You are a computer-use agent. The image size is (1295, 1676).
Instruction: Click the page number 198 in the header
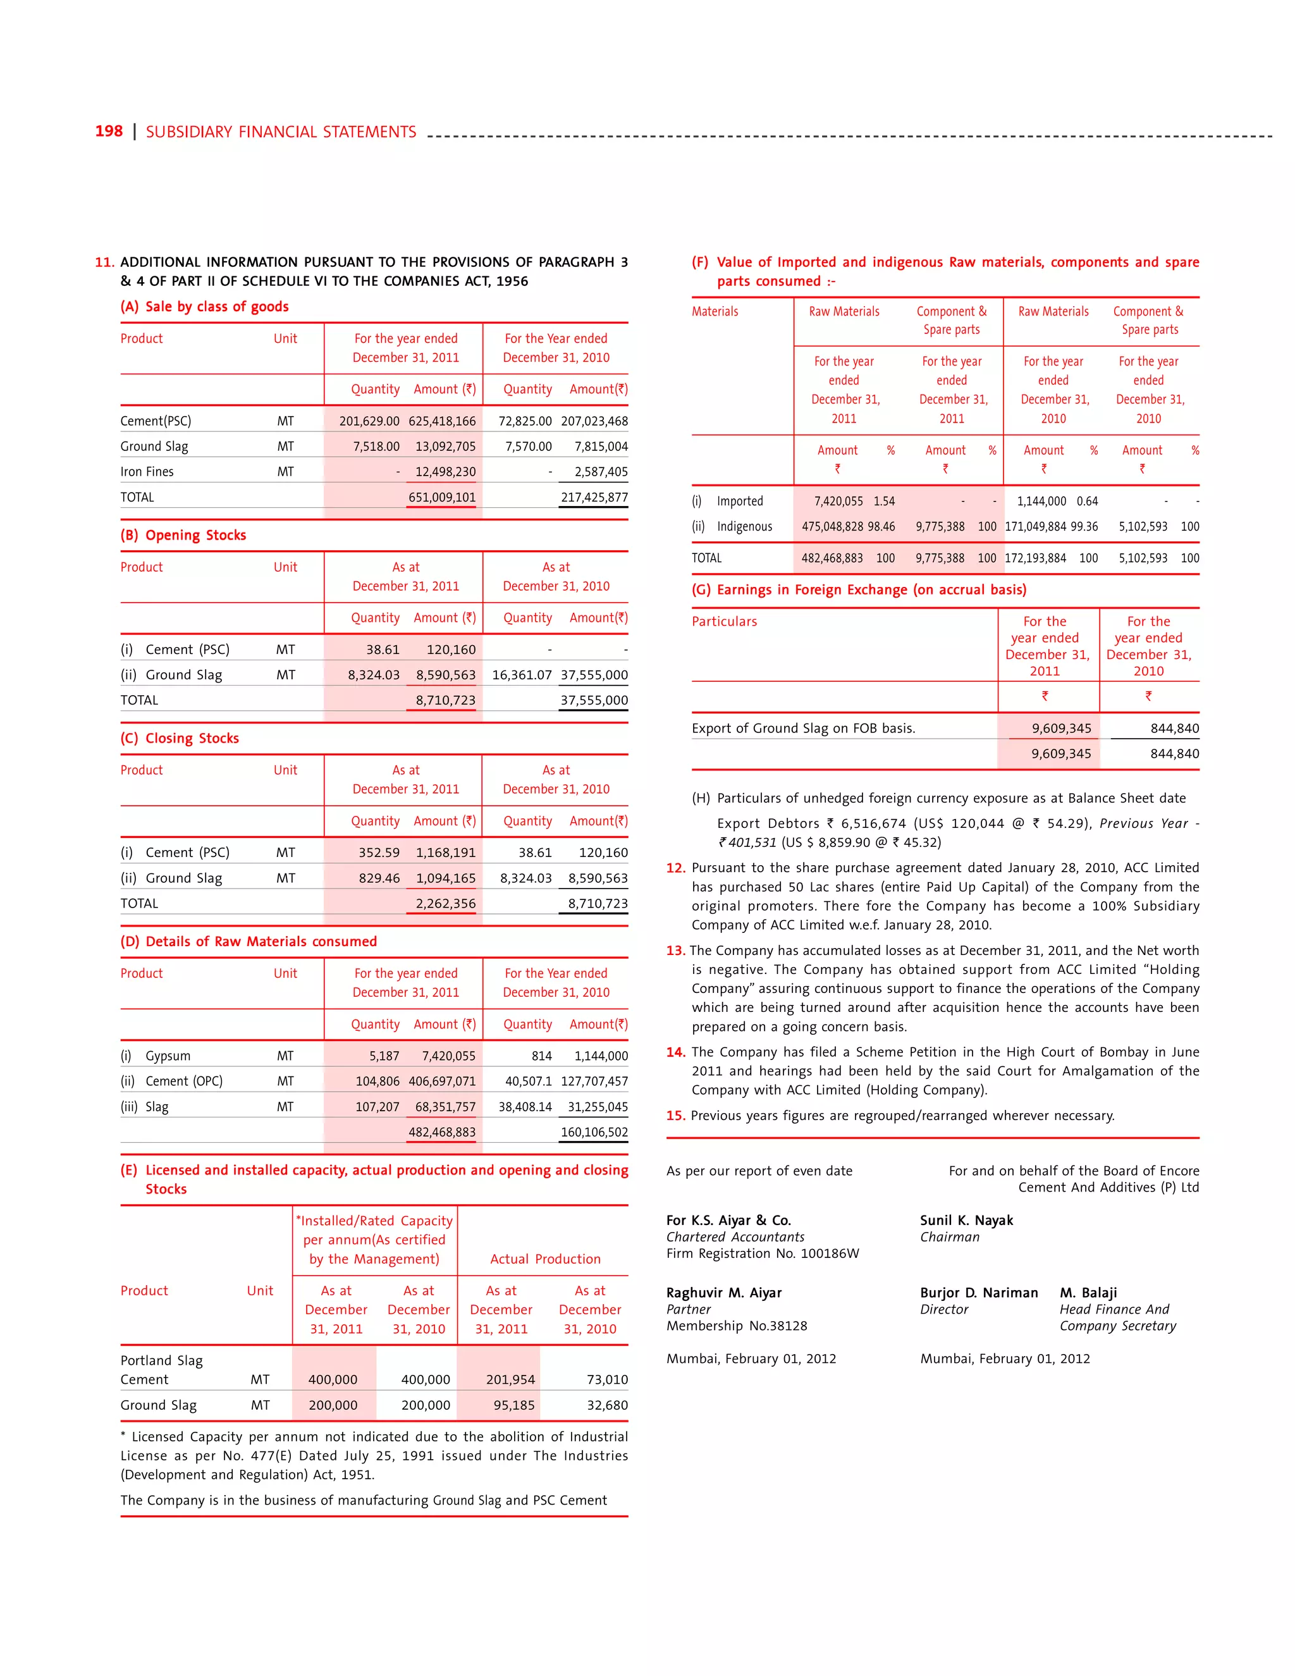click(x=108, y=131)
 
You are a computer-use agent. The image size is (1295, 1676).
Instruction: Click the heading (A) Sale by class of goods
click(x=204, y=307)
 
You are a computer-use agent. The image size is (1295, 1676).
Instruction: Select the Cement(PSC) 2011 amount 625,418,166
click(x=442, y=421)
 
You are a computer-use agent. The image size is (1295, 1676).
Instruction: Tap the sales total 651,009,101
click(x=442, y=497)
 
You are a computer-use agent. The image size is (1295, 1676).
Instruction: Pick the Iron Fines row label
click(x=147, y=472)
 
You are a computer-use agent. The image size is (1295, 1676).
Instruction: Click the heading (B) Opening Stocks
click(x=183, y=536)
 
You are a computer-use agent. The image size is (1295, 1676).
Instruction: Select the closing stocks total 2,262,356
click(x=445, y=904)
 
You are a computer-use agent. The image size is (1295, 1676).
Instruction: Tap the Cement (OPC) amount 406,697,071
click(x=442, y=1081)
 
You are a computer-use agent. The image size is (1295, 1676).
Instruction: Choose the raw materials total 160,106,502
click(x=594, y=1132)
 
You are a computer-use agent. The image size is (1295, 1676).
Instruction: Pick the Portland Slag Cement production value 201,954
click(x=510, y=1380)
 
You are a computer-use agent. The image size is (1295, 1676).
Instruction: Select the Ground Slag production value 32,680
click(x=607, y=1406)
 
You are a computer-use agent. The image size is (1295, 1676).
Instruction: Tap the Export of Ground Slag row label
click(x=802, y=728)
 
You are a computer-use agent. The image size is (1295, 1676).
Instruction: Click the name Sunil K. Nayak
click(x=966, y=1221)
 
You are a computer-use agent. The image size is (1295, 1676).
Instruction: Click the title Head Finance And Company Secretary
click(x=1117, y=1317)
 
